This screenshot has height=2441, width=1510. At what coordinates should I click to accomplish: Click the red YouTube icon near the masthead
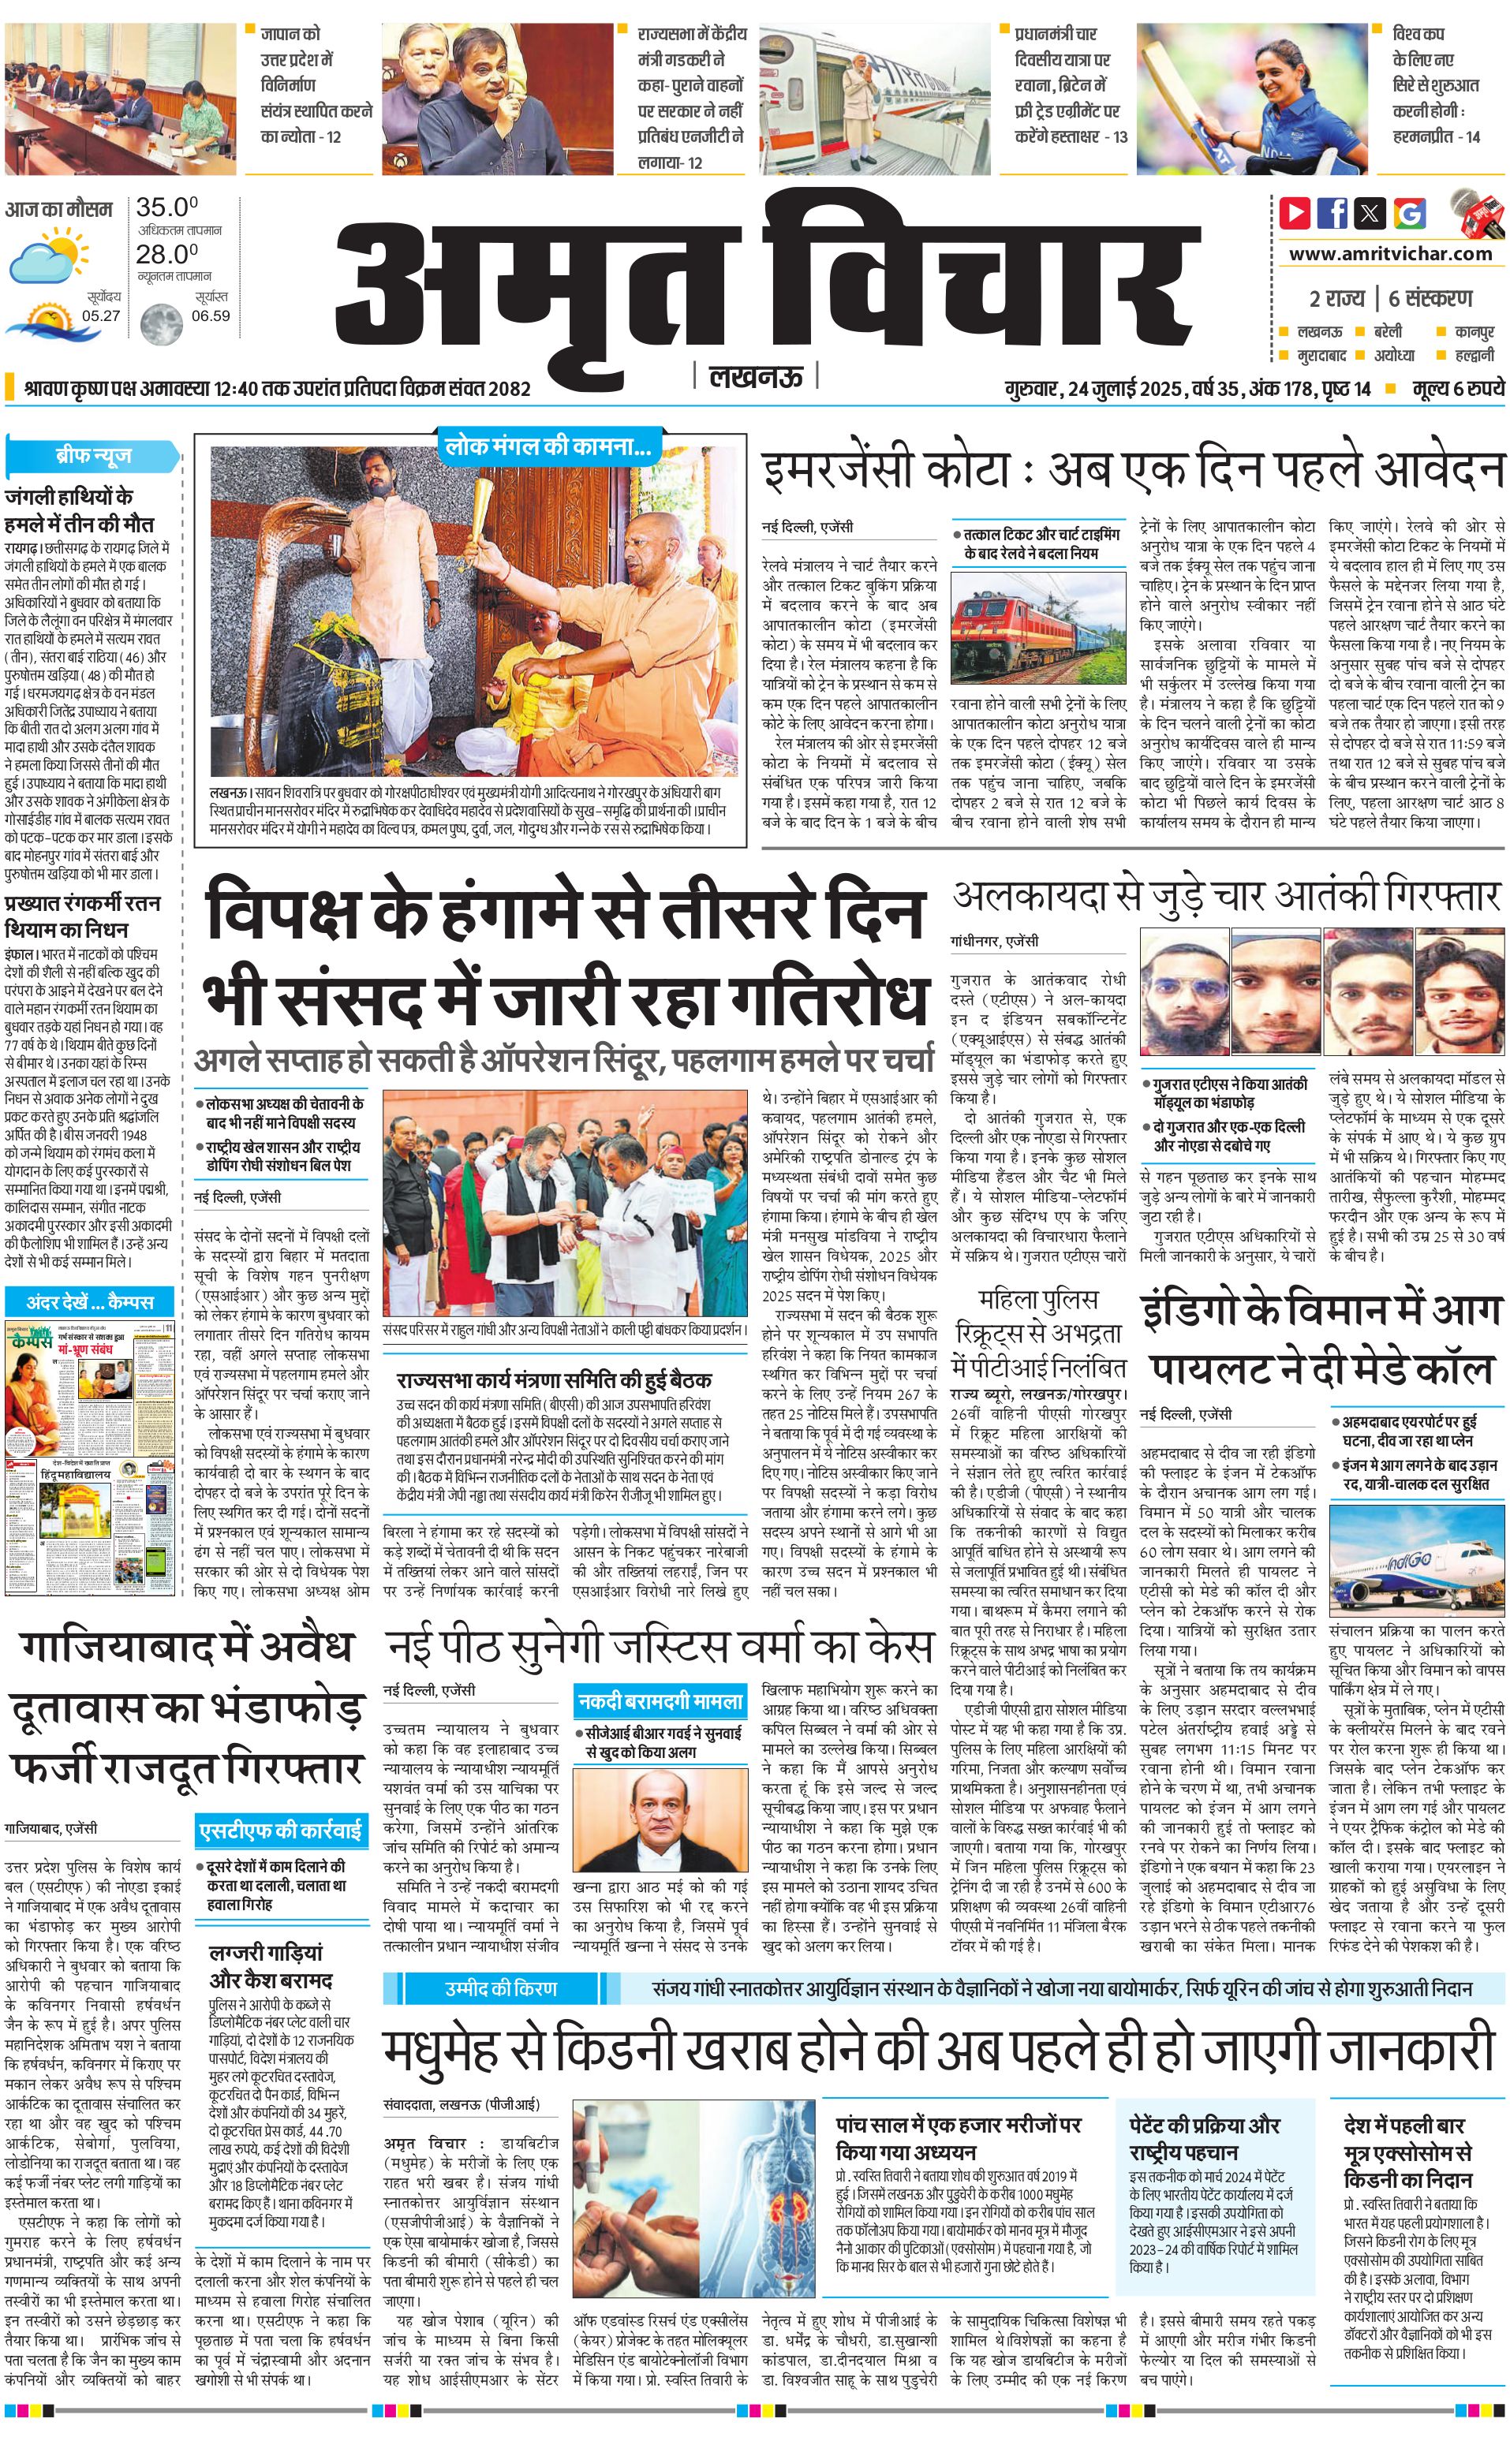(x=1295, y=213)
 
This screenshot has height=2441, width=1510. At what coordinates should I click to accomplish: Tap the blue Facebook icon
(x=1332, y=213)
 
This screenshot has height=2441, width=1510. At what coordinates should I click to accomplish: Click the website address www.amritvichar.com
(x=1389, y=254)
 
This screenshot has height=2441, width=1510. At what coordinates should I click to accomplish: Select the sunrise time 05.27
(x=101, y=315)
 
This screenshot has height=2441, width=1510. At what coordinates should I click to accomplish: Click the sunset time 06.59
(x=211, y=315)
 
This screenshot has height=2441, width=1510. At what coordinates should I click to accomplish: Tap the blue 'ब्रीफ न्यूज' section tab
(x=93, y=456)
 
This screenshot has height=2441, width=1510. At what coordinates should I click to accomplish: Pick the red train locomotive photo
(x=1037, y=629)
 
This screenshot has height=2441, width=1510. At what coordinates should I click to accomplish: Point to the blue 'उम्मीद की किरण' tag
(x=501, y=1961)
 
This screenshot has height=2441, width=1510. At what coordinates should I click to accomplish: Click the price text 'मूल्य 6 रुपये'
(x=1457, y=388)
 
